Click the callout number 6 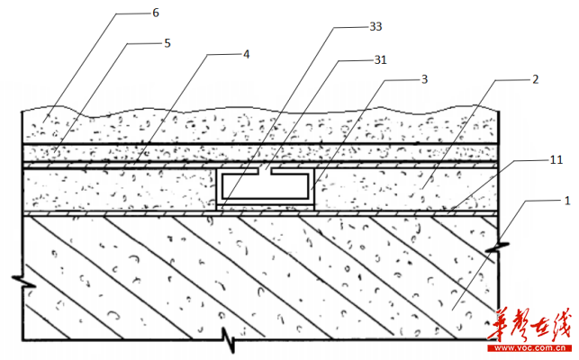pos(156,13)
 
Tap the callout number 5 pos(167,43)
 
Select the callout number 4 pos(247,55)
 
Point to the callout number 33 pos(375,27)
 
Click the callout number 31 pos(380,59)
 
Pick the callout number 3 pos(425,79)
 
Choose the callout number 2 pos(536,79)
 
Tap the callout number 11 pos(556,160)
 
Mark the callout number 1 pos(567,201)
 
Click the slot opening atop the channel pos(265,172)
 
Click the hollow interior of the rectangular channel pos(265,185)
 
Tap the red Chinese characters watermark pos(529,326)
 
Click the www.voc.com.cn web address pos(529,347)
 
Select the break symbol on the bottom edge pos(229,339)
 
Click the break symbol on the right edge pos(497,247)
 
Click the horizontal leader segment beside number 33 pos(351,27)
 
